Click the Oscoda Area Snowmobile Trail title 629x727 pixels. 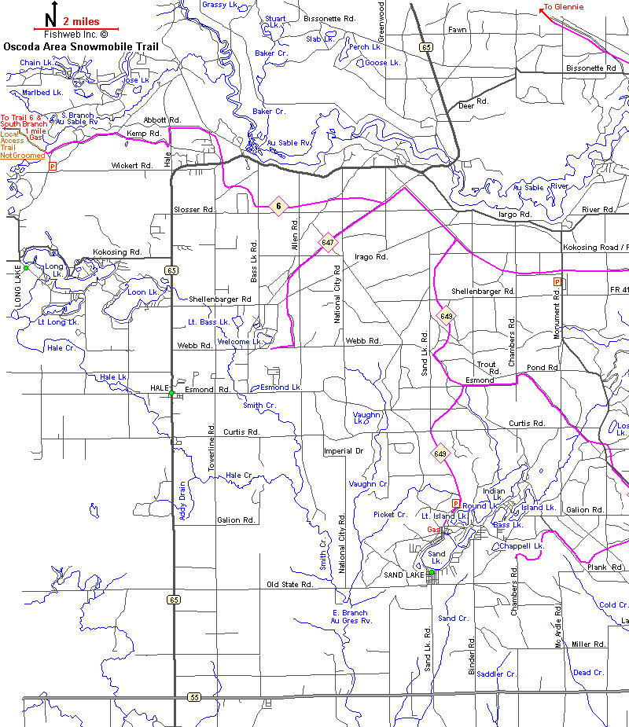pos(81,46)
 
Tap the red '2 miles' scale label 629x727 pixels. pos(80,22)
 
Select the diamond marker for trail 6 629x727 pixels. pos(278,207)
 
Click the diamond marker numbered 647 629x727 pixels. pos(328,243)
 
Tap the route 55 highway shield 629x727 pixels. pos(193,697)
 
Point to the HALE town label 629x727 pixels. pos(160,388)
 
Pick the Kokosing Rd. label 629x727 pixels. pos(116,252)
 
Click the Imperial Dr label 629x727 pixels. pos(344,451)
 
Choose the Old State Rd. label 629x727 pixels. pos(290,585)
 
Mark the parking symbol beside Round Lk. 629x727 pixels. pos(455,504)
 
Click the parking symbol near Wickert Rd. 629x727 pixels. pos(53,167)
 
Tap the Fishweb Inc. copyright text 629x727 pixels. pos(75,35)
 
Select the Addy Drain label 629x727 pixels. pos(182,501)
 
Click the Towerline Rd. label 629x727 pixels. pos(212,449)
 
